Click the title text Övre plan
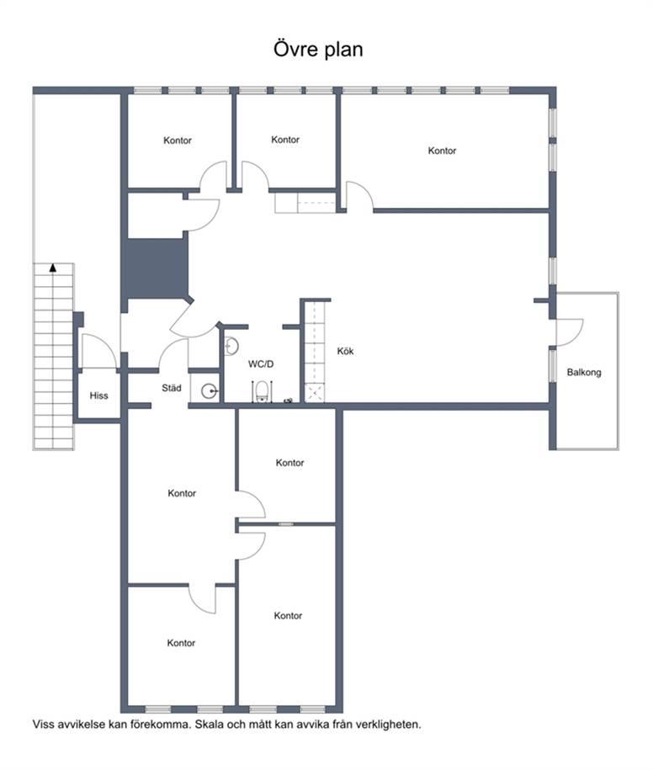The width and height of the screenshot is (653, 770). coord(318,49)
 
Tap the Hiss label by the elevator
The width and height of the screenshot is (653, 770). coord(98,396)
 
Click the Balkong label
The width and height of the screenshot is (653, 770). coord(584,372)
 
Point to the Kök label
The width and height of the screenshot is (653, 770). coord(345,351)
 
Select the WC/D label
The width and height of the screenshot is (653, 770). coord(261,364)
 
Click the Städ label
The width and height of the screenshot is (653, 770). coord(172,388)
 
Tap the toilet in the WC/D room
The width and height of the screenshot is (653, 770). coord(263,391)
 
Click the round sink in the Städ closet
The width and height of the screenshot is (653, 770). coord(210,391)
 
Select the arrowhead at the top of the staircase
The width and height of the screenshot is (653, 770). coord(52,268)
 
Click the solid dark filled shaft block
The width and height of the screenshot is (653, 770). coord(157,268)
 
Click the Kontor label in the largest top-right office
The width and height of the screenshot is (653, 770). coord(442,151)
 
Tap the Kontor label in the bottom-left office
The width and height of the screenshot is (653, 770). coord(181,643)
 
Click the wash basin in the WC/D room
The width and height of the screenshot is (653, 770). coord(231,346)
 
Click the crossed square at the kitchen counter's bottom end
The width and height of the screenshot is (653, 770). coord(314,393)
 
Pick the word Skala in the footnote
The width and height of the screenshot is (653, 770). coord(209,725)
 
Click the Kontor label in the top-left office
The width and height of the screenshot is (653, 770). coord(178,141)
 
